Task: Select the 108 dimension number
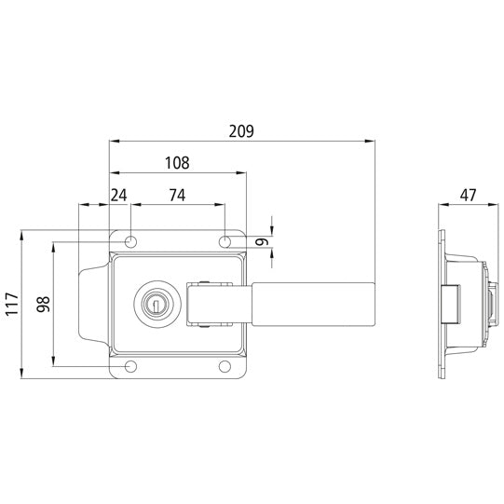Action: point(177,162)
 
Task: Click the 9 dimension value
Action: point(263,242)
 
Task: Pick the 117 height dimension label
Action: point(10,304)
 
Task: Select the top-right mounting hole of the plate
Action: point(226,242)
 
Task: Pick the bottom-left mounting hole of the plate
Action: point(131,365)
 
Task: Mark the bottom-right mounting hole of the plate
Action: point(226,365)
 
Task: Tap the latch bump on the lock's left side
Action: point(91,304)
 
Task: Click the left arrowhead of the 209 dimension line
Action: point(114,142)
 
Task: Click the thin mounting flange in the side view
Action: point(441,304)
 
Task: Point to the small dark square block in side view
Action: point(451,304)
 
